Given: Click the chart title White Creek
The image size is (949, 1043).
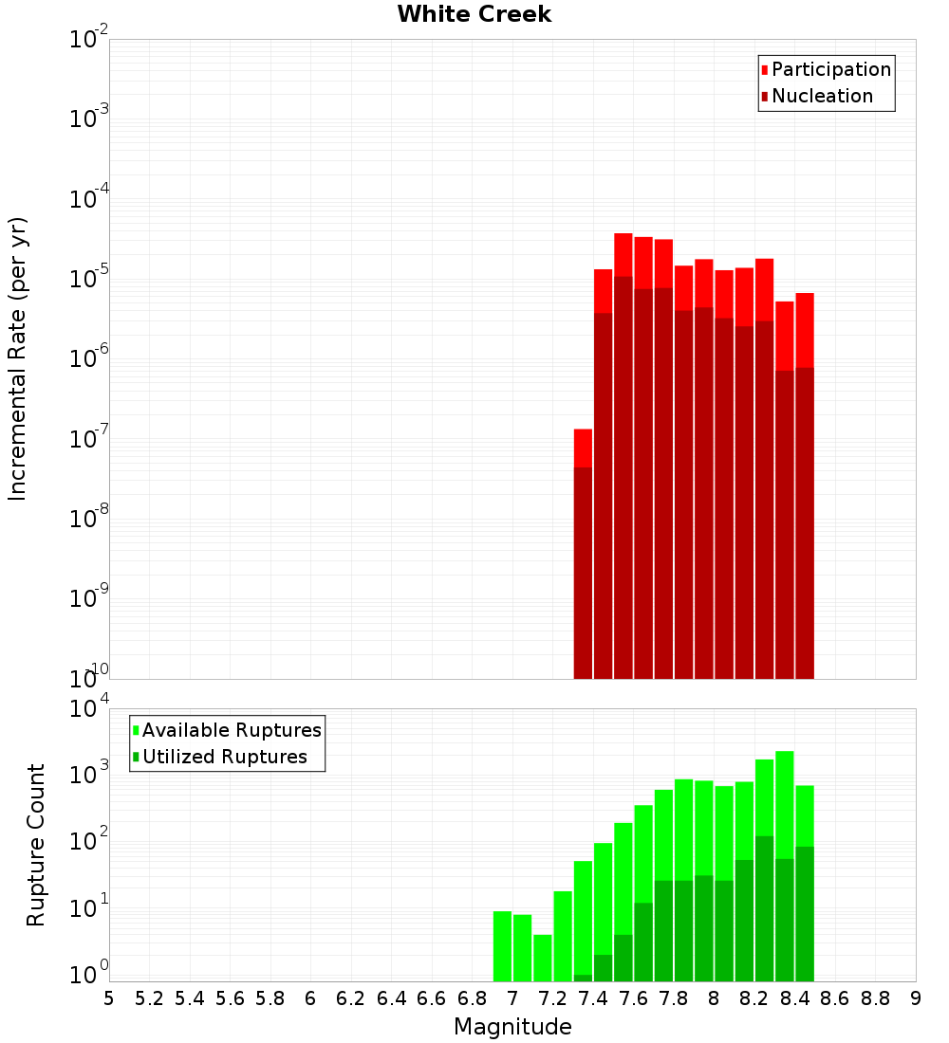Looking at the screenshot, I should point(474,14).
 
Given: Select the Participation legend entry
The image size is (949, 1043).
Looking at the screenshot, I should point(830,69).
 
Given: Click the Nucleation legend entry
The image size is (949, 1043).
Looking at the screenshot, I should point(821,96).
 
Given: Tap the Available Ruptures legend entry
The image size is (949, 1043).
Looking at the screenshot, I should point(231,730).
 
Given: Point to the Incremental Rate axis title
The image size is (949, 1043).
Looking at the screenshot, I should point(18,358).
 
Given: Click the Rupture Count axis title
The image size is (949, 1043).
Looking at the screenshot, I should point(36,844).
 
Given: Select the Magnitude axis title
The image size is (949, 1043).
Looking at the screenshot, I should point(512,1027).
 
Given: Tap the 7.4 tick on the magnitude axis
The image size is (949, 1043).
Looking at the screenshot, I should point(593,998).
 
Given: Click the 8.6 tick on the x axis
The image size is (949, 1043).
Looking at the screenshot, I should point(835,998).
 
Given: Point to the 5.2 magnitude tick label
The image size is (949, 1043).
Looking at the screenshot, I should point(149,998).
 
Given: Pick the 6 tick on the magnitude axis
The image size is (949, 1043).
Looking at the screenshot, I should point(310,998).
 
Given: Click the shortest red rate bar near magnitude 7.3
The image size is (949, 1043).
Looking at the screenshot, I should point(583,448).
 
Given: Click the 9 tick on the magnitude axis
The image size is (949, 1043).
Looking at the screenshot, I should point(916,998).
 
